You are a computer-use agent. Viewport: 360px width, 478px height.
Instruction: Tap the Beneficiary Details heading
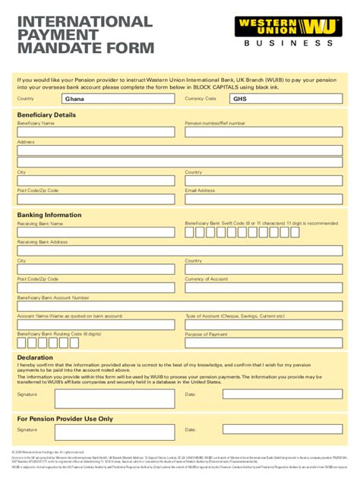(46, 115)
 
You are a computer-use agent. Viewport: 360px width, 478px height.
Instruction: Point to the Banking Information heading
(49, 215)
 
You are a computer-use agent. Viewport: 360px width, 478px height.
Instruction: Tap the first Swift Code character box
(190, 232)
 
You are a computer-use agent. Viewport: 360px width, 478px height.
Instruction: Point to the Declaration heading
(35, 357)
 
